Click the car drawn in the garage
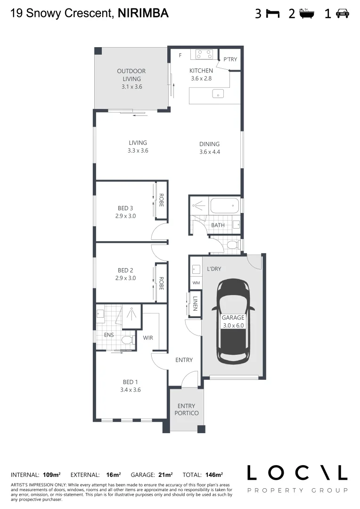(x=233, y=321)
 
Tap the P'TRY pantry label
(x=230, y=59)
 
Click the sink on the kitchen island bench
(x=218, y=95)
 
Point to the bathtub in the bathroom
(x=224, y=206)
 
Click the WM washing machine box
(x=196, y=283)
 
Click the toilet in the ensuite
(x=126, y=340)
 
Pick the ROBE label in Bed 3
(x=161, y=201)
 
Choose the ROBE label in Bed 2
(x=161, y=283)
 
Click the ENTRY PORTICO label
(x=186, y=410)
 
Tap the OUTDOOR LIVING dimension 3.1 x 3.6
(x=131, y=87)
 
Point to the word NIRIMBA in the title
(x=142, y=14)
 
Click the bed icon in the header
(x=272, y=14)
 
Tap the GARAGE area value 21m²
(x=165, y=475)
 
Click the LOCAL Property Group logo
(x=297, y=478)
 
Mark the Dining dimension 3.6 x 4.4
(x=210, y=152)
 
